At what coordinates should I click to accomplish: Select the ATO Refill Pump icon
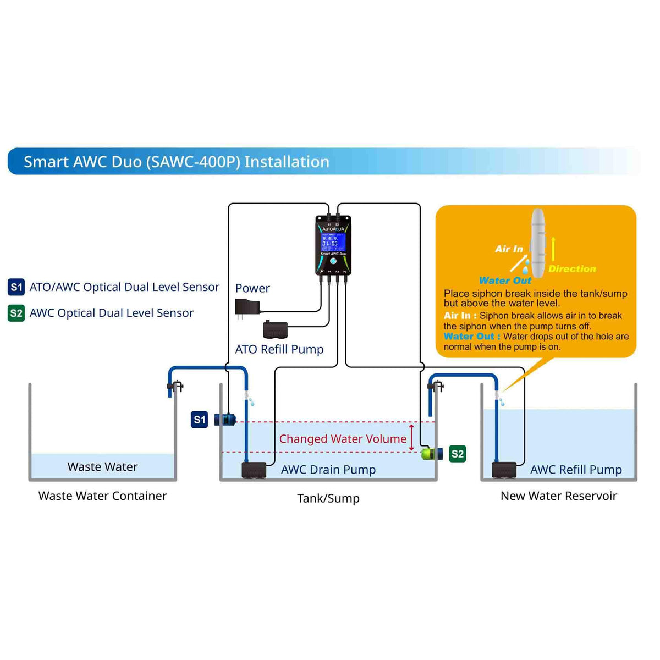point(275,329)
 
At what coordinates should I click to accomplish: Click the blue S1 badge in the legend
point(16,287)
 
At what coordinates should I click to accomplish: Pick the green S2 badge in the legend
point(16,313)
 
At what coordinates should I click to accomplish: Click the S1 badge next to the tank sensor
point(200,420)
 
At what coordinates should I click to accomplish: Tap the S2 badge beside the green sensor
point(458,454)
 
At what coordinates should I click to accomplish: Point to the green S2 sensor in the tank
point(432,454)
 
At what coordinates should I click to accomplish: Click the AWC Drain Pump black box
point(254,470)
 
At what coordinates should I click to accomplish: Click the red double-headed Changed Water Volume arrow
point(411,438)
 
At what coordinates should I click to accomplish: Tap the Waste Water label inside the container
point(102,467)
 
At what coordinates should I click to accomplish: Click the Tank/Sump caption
point(328,498)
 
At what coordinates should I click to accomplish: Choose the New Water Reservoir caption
point(559,496)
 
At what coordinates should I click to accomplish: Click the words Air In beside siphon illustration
point(509,249)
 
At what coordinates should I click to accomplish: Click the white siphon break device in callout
point(537,237)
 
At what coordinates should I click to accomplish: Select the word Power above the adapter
point(252,288)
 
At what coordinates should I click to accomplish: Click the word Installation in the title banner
point(287,162)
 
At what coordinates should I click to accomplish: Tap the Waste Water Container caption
point(102,496)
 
